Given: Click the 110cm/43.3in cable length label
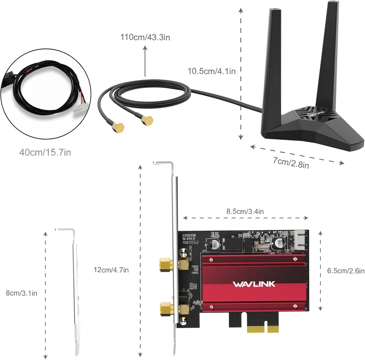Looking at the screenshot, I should [145, 37].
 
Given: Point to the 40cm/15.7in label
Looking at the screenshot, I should [45, 152].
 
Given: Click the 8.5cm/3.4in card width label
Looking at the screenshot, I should [245, 211].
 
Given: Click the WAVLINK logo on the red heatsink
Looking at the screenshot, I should [254, 284].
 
